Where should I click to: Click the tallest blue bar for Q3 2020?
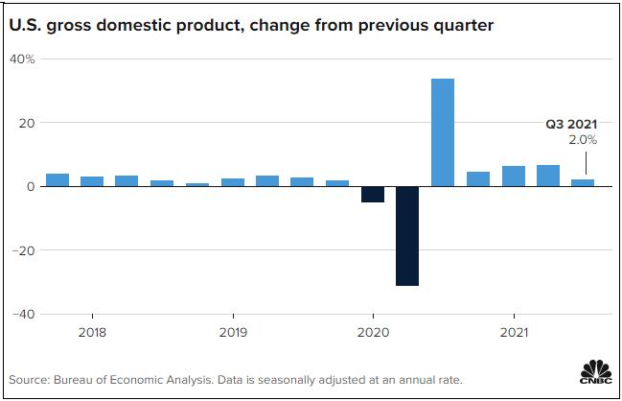coord(443,132)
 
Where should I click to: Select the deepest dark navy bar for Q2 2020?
coord(407,236)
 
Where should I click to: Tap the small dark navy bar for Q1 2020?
coord(373,195)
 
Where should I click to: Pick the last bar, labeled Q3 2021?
coord(583,182)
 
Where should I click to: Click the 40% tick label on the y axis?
coord(22,59)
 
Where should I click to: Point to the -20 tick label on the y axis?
coord(23,250)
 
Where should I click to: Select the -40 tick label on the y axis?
coord(23,314)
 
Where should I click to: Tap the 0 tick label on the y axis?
coord(31,187)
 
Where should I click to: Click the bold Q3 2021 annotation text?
coord(572,124)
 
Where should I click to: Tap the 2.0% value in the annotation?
coord(583,140)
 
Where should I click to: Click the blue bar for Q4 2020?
coord(478,179)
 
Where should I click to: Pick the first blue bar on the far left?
coord(58,180)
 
